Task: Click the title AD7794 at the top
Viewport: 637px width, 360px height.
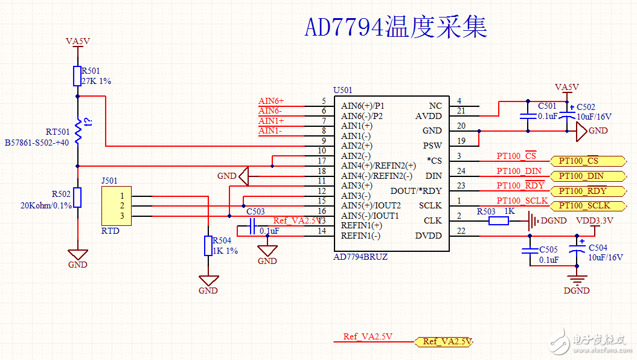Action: coord(345,28)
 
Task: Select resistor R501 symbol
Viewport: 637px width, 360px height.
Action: coord(77,76)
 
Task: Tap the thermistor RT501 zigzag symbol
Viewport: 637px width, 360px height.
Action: coord(77,131)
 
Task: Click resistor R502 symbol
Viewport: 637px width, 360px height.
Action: coord(77,198)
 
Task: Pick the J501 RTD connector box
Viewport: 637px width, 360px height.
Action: coord(117,206)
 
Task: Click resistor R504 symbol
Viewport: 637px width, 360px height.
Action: coord(208,246)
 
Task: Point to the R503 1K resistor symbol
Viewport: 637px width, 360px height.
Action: coord(499,221)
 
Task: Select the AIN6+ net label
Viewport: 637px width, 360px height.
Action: coord(271,101)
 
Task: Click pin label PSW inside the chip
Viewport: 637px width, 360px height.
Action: coord(432,146)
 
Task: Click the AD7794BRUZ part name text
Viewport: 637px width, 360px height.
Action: coord(360,257)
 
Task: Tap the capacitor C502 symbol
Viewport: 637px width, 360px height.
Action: coord(567,115)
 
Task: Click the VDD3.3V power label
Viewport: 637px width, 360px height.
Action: coord(594,221)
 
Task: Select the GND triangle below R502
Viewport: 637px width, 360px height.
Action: coord(77,255)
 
